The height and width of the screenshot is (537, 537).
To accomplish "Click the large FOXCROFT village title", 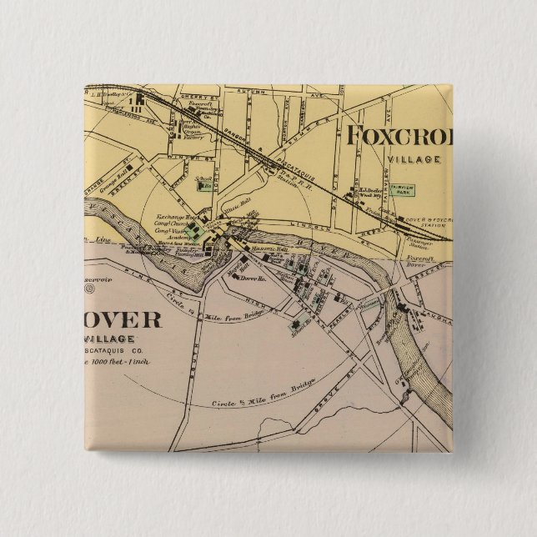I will tap(399, 136).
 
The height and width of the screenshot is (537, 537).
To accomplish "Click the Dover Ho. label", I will tap(251, 278).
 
